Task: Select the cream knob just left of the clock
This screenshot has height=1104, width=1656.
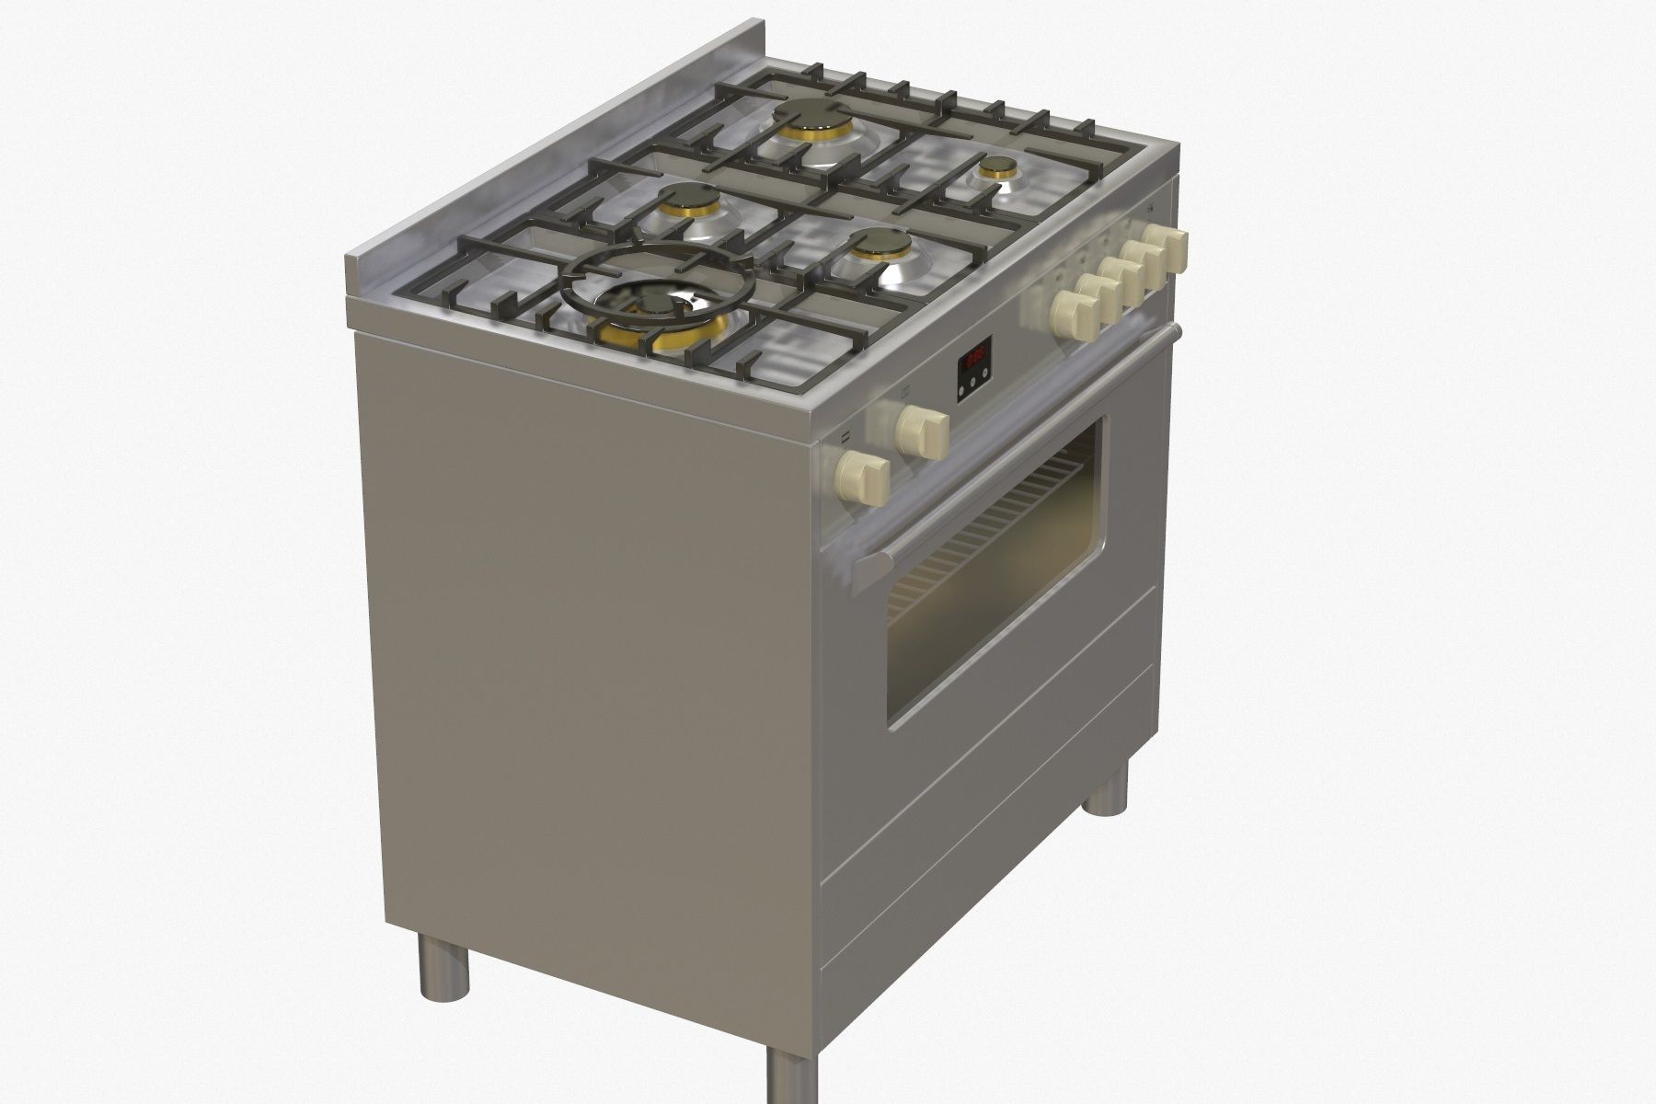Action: pos(921,426)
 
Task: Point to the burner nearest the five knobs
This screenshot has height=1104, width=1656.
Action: pos(880,245)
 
